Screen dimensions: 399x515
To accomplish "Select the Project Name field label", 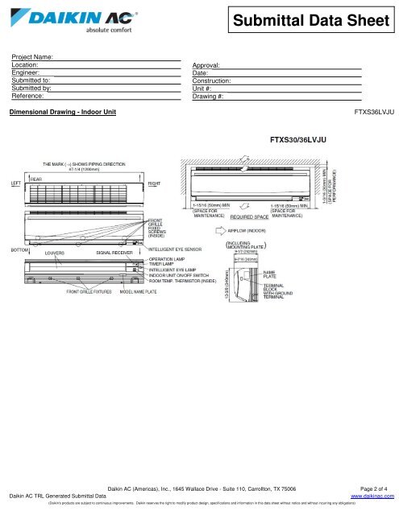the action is click(33, 57).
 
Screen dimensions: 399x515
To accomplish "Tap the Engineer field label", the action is click(27, 72).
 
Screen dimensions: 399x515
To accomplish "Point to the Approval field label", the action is click(208, 65).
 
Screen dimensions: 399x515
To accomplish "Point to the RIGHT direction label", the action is click(153, 183).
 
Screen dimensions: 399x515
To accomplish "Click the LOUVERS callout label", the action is click(55, 252).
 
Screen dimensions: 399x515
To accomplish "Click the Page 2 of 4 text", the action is click(372, 489).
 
